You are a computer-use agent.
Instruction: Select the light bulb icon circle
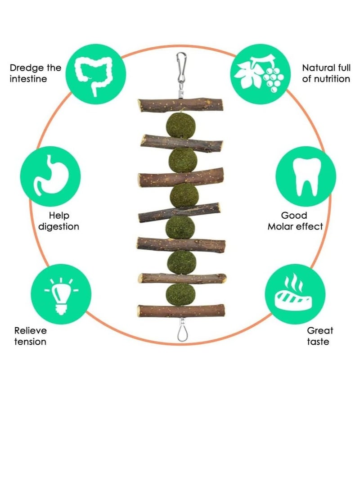pyautogui.click(x=61, y=294)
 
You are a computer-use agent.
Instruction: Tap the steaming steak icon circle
pyautogui.click(x=295, y=294)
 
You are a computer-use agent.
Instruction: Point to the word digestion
pyautogui.click(x=58, y=226)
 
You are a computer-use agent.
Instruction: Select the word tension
pyautogui.click(x=30, y=342)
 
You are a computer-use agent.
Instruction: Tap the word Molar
pyautogui.click(x=282, y=226)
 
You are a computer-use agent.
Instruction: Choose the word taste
pyautogui.click(x=318, y=342)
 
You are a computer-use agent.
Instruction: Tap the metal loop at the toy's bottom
pyautogui.click(x=180, y=330)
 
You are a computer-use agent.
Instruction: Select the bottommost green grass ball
pyautogui.click(x=180, y=294)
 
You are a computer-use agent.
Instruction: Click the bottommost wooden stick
pyautogui.click(x=181, y=311)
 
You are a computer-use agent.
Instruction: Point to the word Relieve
pyautogui.click(x=31, y=330)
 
